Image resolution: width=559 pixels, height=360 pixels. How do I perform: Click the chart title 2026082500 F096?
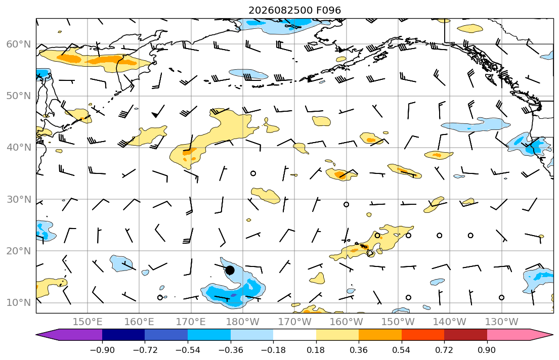coord(294,10)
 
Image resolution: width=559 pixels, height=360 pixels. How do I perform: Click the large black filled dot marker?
coord(230,270)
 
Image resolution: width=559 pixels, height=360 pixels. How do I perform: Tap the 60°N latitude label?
coord(19,44)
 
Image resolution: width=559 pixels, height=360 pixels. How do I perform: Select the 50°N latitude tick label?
coord(19,96)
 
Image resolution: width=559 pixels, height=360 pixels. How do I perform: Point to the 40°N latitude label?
coord(19,147)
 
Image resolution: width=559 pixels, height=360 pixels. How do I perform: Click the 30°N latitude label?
coord(19,199)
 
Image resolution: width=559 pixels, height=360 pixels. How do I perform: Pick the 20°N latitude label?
coord(19,251)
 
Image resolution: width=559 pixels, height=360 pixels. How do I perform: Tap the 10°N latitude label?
coord(19,303)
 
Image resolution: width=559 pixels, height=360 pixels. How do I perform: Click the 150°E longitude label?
coord(88,322)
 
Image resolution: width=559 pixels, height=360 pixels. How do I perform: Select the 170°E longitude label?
coord(191,322)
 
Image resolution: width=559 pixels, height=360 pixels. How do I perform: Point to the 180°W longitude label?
coord(243,322)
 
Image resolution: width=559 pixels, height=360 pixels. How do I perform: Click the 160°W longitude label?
coord(346,322)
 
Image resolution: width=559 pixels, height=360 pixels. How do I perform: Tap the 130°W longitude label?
coord(502,322)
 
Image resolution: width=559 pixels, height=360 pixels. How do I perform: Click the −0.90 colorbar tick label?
coord(102,350)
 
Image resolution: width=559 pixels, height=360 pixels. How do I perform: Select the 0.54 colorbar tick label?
coord(402,350)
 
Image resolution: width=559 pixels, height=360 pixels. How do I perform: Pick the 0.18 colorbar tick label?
coord(316,350)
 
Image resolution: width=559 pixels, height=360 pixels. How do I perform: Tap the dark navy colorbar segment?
coord(123,335)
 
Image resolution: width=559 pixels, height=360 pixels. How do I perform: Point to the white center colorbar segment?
coord(294,335)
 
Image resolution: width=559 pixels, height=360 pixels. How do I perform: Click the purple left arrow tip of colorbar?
coord(36,335)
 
